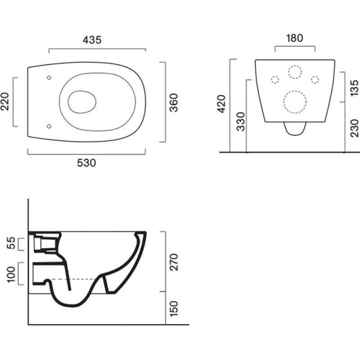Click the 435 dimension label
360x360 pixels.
click(92, 40)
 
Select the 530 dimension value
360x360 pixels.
click(86, 163)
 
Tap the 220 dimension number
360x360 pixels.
click(5, 102)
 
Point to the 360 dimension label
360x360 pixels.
click(174, 103)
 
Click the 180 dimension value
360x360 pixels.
click(295, 38)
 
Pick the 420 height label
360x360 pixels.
click(222, 104)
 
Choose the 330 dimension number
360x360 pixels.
click(241, 121)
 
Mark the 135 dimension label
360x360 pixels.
click(355, 88)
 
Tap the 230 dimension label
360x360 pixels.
click(355, 128)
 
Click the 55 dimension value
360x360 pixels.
click(11, 243)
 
